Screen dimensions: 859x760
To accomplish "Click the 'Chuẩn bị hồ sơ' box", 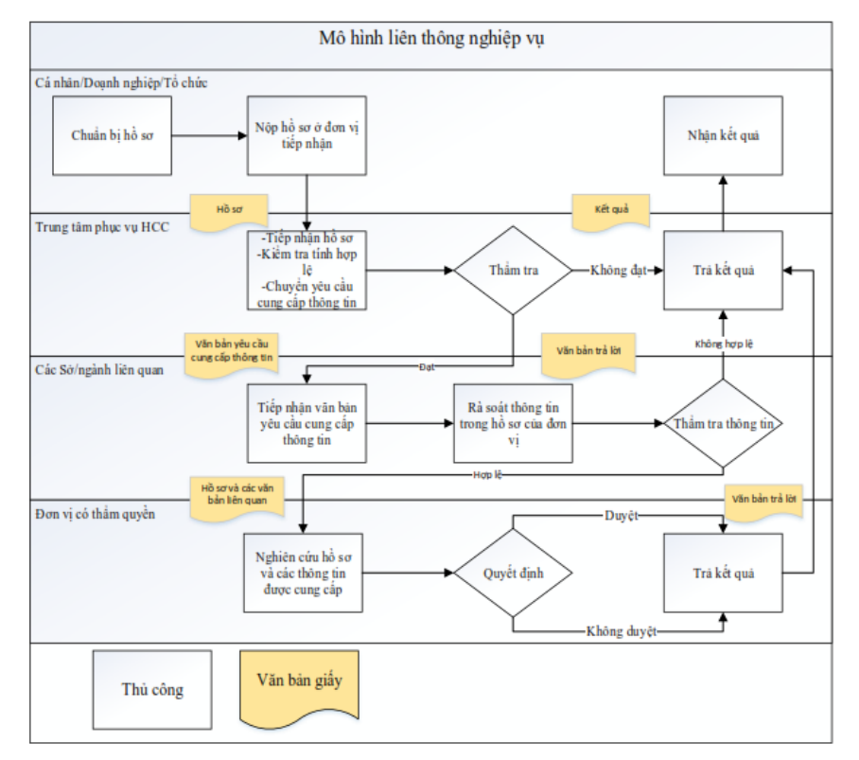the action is pos(112,136).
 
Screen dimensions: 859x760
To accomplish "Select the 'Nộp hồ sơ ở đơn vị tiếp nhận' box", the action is pos(307,136).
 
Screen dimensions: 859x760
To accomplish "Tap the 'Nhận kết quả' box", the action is pos(723,136).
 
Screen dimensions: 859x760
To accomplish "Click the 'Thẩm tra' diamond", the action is pos(513,270).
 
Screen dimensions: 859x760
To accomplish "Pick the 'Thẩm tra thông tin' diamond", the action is pos(723,424).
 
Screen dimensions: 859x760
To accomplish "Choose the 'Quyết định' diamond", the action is pos(513,574).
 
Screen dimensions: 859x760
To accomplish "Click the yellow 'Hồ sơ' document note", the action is pos(229,211).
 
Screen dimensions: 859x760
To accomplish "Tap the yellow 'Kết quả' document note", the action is pos(611,211).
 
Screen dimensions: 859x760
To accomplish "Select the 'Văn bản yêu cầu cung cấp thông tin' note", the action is pos(232,354).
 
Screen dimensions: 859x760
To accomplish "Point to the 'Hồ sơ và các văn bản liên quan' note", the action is pos(237,497).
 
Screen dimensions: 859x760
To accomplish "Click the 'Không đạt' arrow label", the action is pos(618,270).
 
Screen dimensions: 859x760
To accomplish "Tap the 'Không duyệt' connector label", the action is pos(622,631).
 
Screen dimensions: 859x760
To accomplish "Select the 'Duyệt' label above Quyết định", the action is pos(622,516).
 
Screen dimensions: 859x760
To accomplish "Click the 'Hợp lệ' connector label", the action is pos(487,474).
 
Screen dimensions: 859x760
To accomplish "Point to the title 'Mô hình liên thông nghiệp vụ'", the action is pos(431,39).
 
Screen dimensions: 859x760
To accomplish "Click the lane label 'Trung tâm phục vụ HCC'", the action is pos(102,227).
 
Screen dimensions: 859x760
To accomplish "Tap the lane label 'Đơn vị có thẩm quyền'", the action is pos(96,514).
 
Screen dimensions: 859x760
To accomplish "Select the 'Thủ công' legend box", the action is pos(152,690).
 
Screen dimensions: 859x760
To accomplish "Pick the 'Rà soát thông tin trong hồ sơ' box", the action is pos(513,424).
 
